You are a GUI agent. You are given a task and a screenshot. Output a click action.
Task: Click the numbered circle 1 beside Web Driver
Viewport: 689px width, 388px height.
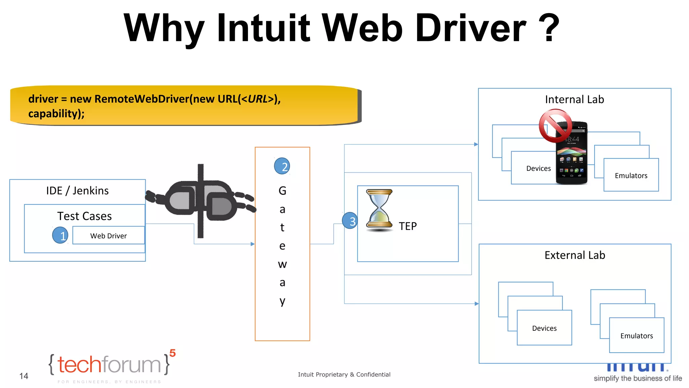click(60, 235)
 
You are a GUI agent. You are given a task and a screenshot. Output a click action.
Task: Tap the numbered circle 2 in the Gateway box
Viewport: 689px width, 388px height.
click(282, 166)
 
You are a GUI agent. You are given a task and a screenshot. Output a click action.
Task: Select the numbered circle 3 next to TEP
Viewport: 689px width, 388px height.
click(350, 221)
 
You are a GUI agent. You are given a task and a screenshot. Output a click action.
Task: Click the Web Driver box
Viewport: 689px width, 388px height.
click(108, 235)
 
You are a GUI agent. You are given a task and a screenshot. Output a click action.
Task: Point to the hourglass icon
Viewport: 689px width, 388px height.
click(379, 210)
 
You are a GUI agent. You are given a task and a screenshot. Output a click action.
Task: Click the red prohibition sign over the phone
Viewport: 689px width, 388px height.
click(555, 126)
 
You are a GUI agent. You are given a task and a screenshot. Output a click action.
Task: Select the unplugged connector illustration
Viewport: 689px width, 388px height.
click(201, 201)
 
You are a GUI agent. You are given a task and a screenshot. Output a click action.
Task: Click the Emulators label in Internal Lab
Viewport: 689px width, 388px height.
click(631, 175)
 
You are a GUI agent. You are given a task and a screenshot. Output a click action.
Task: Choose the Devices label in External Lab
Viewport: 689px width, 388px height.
click(544, 328)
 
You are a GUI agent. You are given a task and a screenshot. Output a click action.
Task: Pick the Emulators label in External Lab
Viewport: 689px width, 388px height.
click(637, 336)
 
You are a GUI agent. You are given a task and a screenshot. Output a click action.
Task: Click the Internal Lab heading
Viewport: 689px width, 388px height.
click(574, 99)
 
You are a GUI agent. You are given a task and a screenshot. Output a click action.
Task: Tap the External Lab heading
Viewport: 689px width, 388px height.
click(575, 255)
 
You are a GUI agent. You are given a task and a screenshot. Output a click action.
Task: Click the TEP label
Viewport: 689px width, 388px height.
click(407, 226)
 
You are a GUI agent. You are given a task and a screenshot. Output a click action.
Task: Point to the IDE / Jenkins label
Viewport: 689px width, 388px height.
click(77, 191)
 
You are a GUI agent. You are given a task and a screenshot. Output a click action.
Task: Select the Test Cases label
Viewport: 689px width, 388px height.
click(84, 216)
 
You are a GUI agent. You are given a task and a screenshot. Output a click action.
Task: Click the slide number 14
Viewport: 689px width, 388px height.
click(24, 376)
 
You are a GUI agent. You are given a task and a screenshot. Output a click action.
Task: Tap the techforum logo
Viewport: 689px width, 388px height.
click(111, 365)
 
